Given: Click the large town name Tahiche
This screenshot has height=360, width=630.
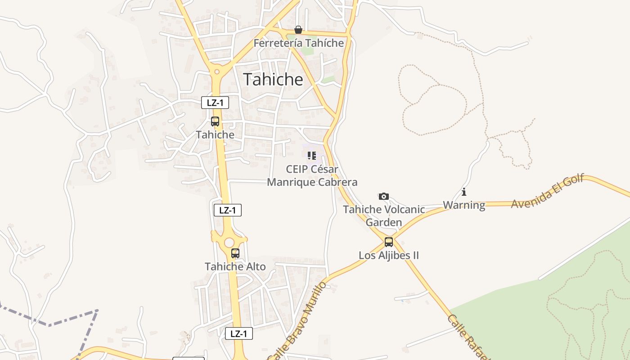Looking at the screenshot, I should [x=273, y=80].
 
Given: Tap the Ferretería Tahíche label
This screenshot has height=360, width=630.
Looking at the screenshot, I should [x=298, y=43].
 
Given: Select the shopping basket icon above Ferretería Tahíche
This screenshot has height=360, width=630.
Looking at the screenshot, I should [x=298, y=30].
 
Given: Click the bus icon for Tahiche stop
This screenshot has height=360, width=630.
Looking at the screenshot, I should [x=215, y=121].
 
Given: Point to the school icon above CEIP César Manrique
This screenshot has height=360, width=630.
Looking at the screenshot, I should [x=311, y=156].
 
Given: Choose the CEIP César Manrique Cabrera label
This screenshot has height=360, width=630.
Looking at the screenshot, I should [x=312, y=176].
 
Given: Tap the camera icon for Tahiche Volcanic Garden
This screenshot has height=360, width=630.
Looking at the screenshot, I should [x=383, y=196].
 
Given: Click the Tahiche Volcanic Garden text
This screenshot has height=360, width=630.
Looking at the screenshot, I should [x=384, y=216].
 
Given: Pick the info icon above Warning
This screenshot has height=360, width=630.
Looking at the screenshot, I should [x=464, y=192].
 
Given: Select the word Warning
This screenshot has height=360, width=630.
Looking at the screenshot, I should [x=464, y=205].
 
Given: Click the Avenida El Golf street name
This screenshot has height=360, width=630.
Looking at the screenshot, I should [x=547, y=191].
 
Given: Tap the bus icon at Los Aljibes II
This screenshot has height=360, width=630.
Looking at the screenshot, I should [x=389, y=242].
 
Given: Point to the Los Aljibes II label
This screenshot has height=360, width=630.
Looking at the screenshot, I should [x=389, y=256].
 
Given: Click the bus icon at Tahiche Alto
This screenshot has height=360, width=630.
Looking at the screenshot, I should [x=235, y=253].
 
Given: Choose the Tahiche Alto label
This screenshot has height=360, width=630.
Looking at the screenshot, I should [x=235, y=266].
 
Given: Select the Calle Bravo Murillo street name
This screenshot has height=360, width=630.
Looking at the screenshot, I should [x=297, y=320].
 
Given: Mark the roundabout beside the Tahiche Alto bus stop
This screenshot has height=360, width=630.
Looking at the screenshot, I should [x=229, y=242].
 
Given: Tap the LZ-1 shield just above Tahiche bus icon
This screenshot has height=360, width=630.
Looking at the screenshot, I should [x=215, y=103].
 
